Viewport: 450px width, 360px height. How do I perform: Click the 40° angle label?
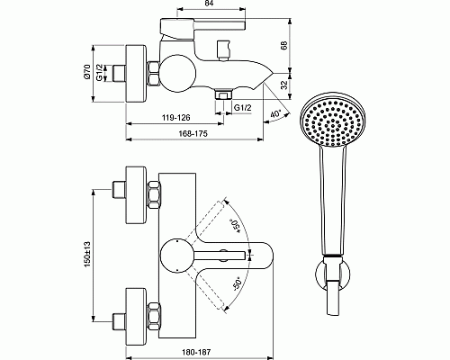pos(274,114)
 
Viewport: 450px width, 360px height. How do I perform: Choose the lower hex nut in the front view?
pos(152,317)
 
